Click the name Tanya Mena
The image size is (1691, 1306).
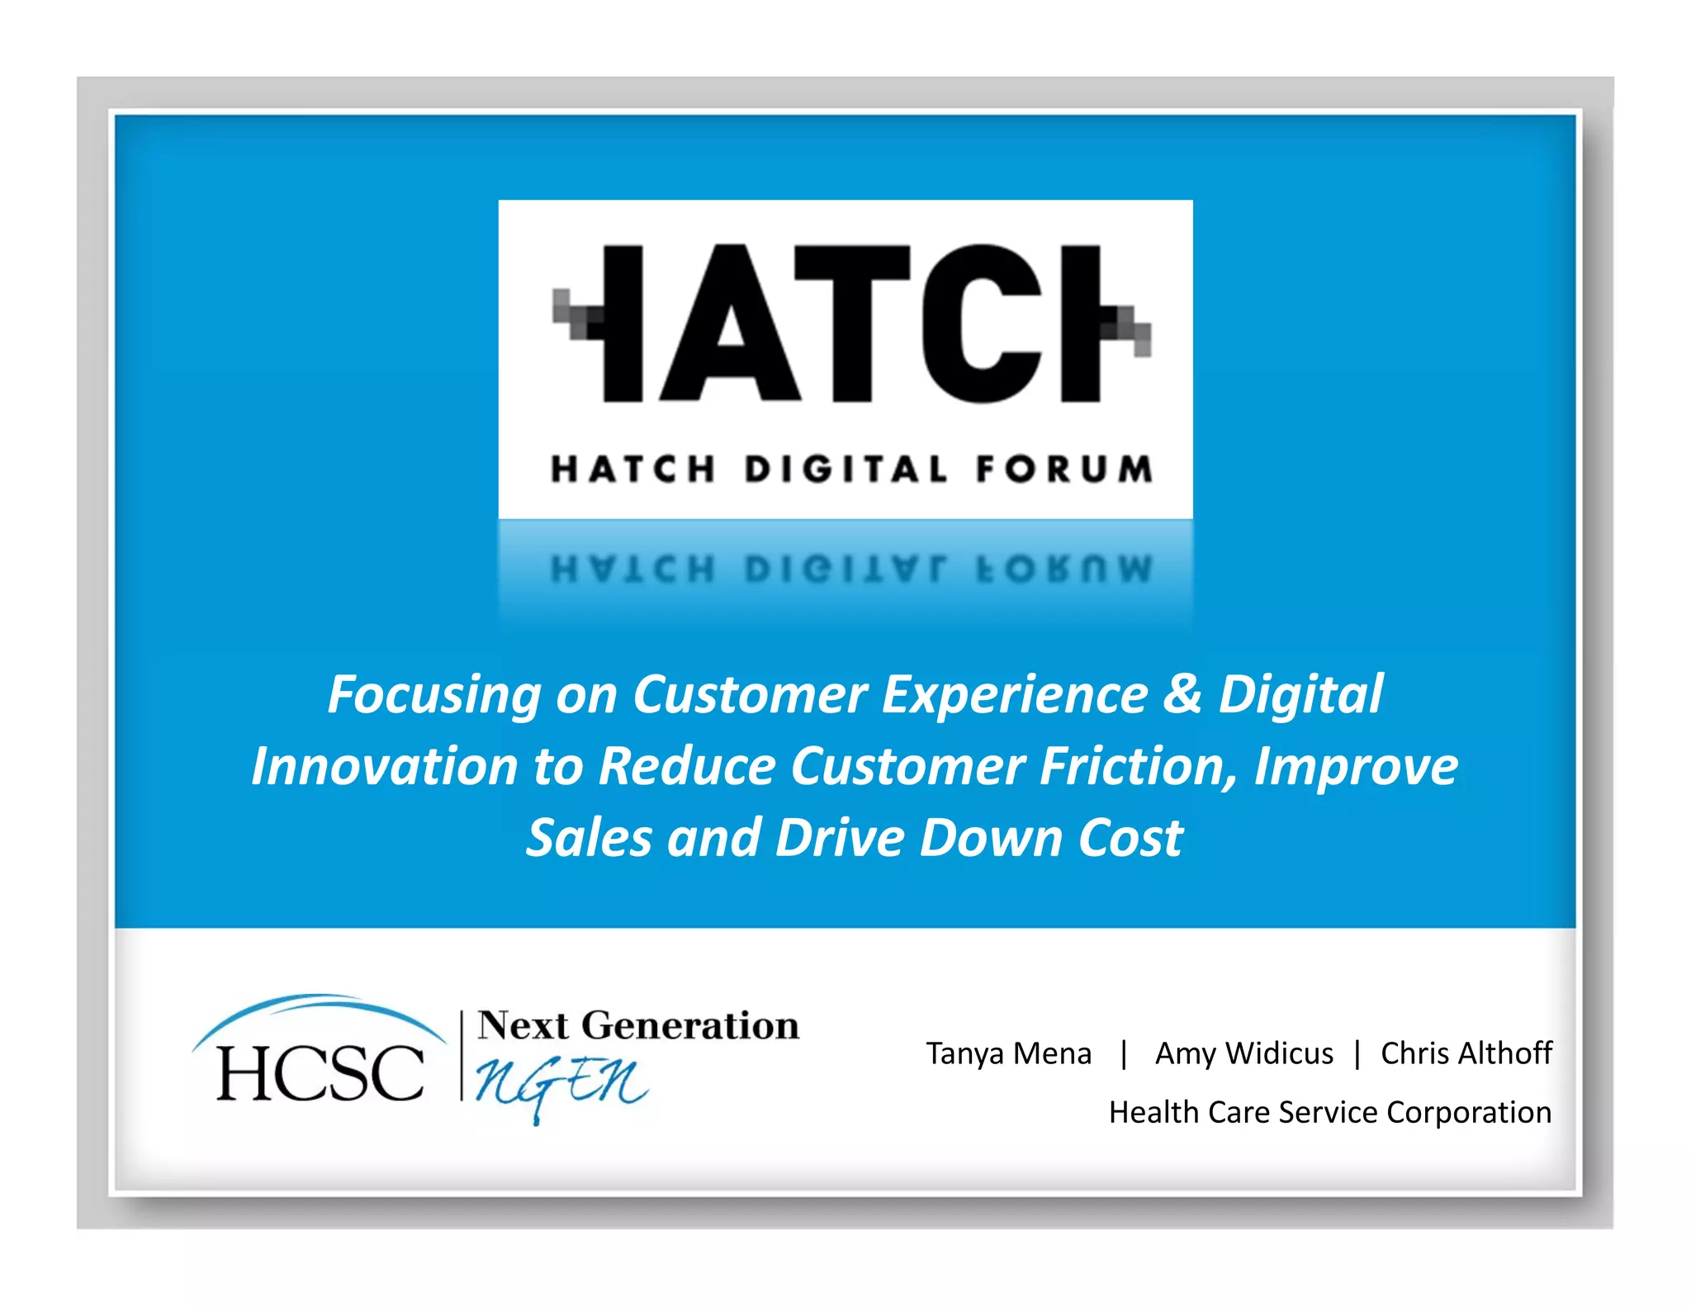coord(1008,1054)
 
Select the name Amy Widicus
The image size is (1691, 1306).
coord(1243,1054)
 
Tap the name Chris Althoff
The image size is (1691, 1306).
coord(1466,1054)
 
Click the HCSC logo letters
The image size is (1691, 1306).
coord(320,1073)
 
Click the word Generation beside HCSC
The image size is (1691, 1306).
coord(690,1026)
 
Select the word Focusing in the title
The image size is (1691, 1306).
coord(434,694)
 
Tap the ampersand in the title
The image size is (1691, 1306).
coord(1182,694)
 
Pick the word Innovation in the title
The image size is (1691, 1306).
coord(385,767)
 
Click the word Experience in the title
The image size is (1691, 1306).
coord(1015,694)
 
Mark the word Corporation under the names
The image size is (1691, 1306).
coord(1469,1113)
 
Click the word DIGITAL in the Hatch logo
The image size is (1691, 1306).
coord(845,470)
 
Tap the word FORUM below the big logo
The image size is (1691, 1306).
coord(1063,470)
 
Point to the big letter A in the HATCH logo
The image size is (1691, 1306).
coord(730,324)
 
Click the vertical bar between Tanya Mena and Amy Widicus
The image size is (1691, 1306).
coord(1124,1054)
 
